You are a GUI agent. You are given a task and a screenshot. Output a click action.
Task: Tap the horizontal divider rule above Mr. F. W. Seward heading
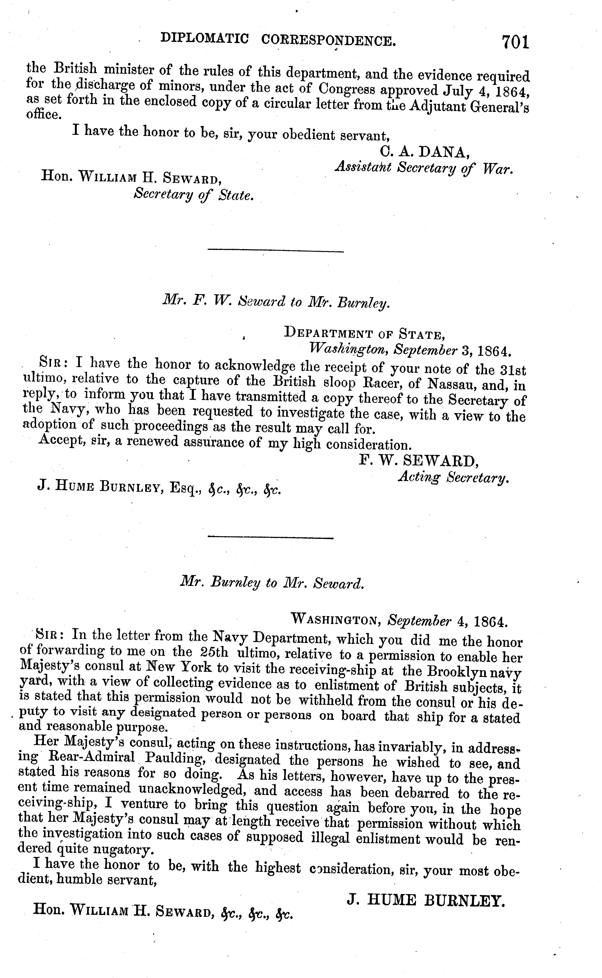275,251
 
